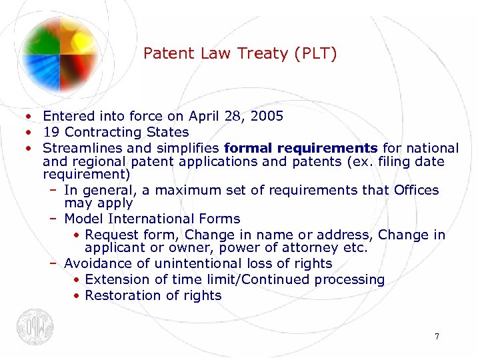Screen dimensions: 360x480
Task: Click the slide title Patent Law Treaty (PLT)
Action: point(240,53)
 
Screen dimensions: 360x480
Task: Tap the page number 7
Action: point(437,337)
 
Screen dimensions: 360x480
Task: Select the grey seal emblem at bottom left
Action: point(35,327)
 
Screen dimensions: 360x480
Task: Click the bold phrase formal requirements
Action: point(301,148)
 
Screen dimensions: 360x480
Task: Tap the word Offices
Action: point(417,191)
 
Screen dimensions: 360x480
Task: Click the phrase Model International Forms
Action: point(152,219)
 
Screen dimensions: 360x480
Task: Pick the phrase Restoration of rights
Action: point(153,295)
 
